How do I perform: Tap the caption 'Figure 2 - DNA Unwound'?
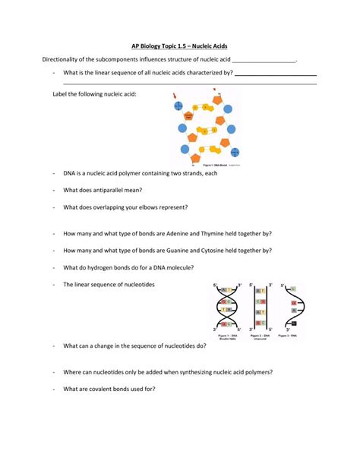tap(258, 336)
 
